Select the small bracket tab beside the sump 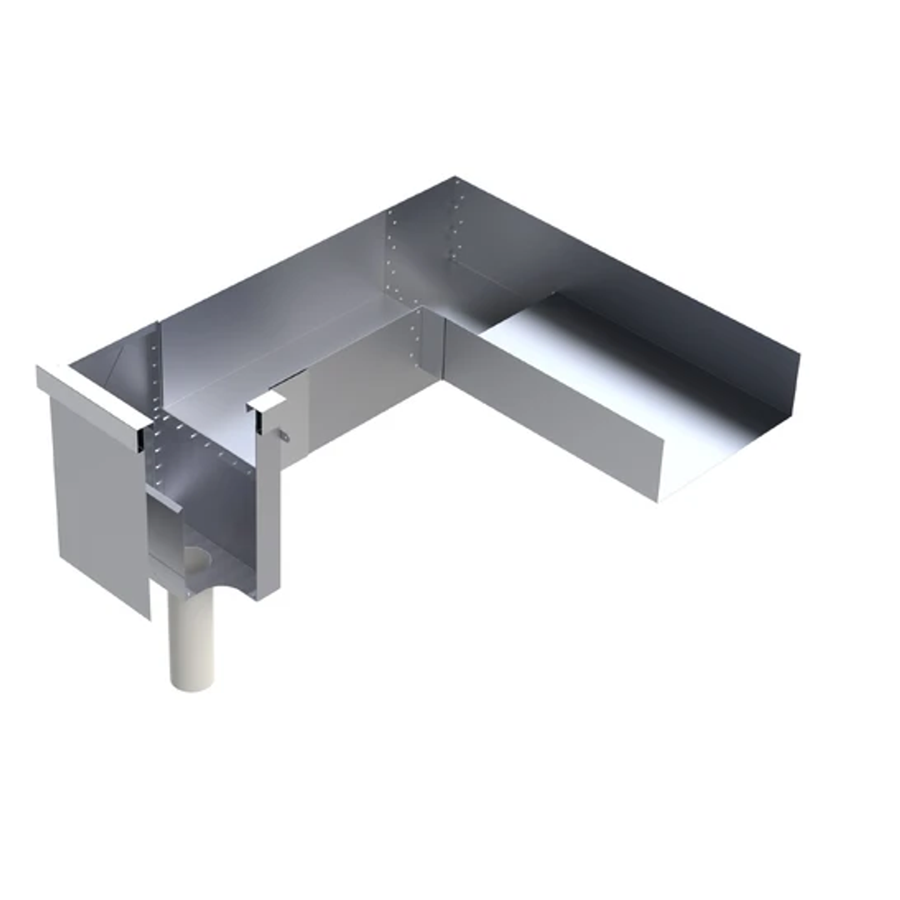[x=284, y=435]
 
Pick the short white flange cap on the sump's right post [x=266, y=402]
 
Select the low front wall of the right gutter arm [x=550, y=408]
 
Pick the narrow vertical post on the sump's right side [x=268, y=508]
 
